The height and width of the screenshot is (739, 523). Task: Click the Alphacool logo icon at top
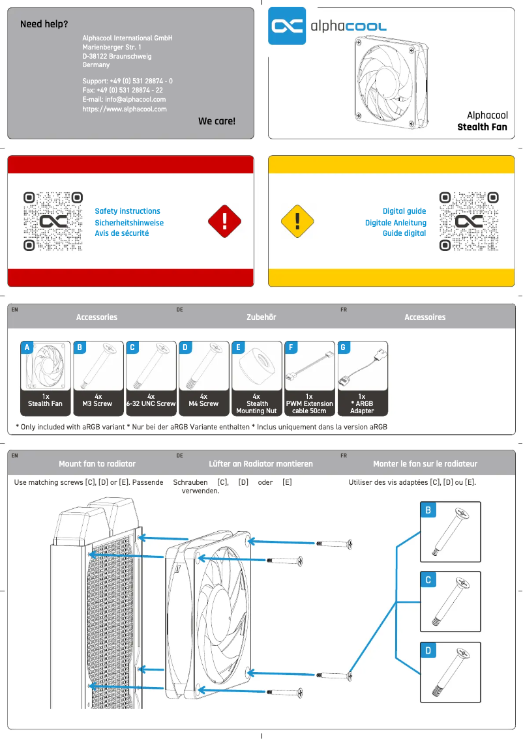tap(287, 26)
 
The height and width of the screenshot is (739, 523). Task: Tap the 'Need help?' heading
tap(44, 24)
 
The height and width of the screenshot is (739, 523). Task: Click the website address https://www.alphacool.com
tap(124, 109)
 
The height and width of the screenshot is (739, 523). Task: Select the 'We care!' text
tap(217, 121)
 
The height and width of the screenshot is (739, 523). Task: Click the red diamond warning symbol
tap(224, 222)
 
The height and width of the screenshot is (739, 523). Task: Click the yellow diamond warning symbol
tap(297, 222)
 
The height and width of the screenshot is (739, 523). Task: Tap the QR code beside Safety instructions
tap(53, 222)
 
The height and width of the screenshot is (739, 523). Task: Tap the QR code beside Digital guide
tap(469, 222)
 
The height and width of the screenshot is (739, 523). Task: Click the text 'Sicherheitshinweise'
tap(129, 222)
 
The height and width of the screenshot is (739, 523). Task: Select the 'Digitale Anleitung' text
tap(395, 222)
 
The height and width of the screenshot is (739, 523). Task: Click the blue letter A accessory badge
tap(27, 347)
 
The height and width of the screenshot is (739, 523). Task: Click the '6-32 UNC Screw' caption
tap(151, 403)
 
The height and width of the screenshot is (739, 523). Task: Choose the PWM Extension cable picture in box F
tap(309, 367)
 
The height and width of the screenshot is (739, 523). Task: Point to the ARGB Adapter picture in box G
tap(362, 367)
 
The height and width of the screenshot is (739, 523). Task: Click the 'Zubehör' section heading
tap(260, 317)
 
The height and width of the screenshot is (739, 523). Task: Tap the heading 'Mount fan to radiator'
tap(97, 463)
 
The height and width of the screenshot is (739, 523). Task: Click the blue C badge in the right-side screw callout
tap(428, 579)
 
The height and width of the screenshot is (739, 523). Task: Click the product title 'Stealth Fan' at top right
tap(482, 126)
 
